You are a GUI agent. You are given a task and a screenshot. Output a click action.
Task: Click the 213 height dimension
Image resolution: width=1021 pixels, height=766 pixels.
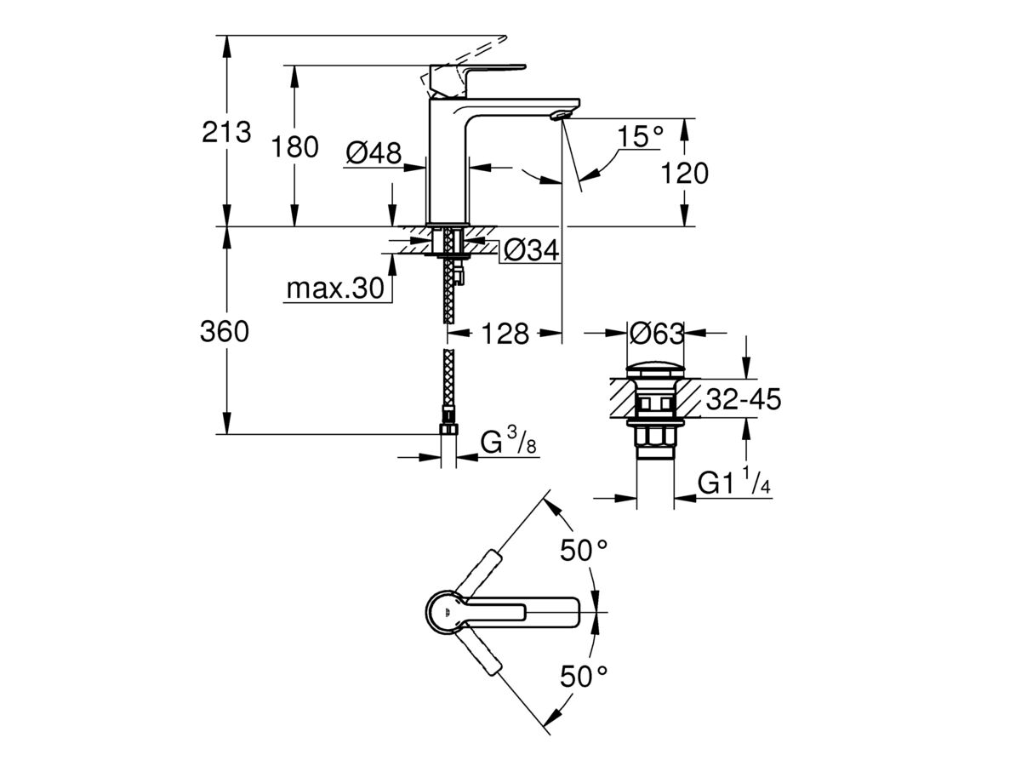[226, 132]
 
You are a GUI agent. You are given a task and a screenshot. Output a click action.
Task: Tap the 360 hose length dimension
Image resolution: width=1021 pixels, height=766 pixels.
[225, 332]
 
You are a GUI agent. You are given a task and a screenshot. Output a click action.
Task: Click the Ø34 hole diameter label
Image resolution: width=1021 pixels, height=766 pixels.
[529, 251]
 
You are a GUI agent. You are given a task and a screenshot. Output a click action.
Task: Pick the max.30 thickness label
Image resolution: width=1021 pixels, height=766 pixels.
[334, 289]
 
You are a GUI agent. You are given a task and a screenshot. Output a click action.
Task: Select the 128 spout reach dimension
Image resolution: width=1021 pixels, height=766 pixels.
[506, 333]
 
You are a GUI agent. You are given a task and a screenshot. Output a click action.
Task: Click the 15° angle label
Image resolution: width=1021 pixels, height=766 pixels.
[640, 136]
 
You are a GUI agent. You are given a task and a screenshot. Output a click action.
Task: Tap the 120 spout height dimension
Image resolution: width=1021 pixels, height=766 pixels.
[685, 174]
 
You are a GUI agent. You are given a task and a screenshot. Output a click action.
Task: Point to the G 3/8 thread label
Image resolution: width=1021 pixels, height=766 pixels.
[508, 443]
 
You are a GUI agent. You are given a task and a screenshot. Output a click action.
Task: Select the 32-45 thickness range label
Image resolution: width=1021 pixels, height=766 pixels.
[743, 399]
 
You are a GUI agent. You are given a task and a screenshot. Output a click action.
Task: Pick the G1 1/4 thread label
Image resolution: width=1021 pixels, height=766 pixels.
[734, 483]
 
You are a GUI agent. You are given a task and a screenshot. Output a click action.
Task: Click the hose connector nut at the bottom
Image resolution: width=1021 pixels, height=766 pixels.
[448, 430]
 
